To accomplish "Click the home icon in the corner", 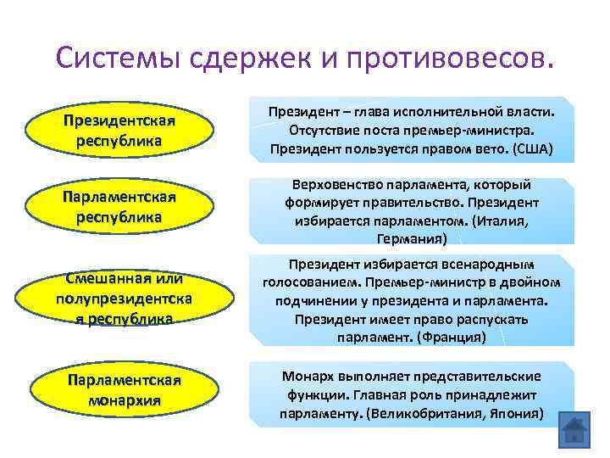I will pos(574,433).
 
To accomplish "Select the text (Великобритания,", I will pos(435,414).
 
